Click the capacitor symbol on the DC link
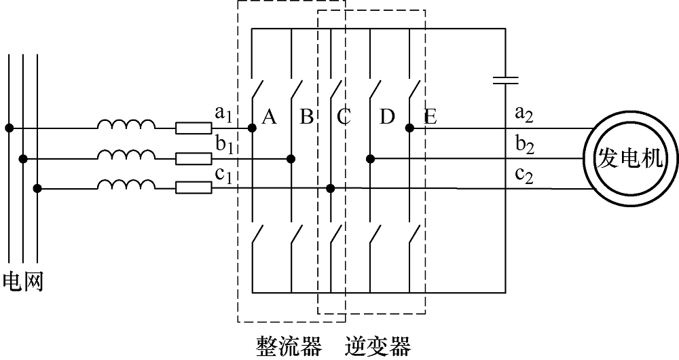coord(505,79)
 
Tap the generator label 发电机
coord(629,159)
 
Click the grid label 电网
coord(23,282)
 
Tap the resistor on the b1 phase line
coord(194,158)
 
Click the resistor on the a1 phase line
coord(194,128)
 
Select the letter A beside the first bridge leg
coord(270,117)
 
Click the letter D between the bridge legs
coord(387,117)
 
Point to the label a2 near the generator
coord(524,114)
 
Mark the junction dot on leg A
coord(252,128)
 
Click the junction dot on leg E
coord(409,128)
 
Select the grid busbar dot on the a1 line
coord(9,128)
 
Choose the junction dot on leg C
coord(331,188)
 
